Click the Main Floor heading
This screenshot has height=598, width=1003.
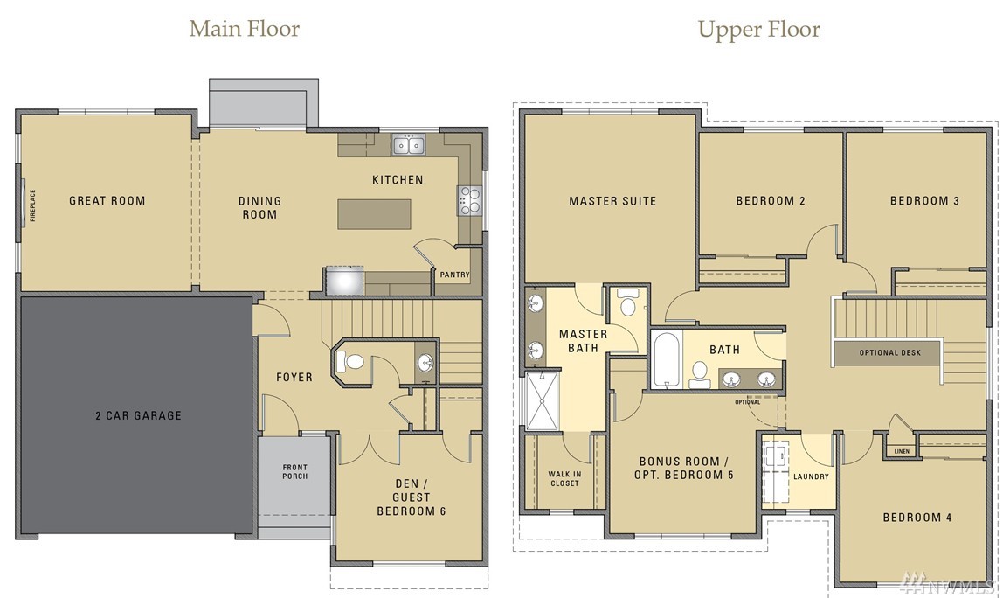[x=245, y=29]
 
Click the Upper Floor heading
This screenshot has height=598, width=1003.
[x=758, y=30]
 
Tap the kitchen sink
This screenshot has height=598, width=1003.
[x=409, y=145]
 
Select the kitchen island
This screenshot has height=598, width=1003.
[x=374, y=214]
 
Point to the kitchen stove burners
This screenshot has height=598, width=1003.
[x=468, y=200]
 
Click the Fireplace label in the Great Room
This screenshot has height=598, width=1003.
[x=32, y=205]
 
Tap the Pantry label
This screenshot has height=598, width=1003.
[x=455, y=275]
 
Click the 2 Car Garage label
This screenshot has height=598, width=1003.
[x=138, y=415]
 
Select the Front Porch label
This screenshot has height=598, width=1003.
[x=295, y=472]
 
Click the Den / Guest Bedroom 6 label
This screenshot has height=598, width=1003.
[x=412, y=497]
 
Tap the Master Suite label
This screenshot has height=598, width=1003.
[x=612, y=201]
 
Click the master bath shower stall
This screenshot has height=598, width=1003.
[x=542, y=400]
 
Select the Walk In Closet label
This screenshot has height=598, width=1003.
[x=564, y=479]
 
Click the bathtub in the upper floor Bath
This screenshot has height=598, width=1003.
[x=667, y=359]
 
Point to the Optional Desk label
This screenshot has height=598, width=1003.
[x=890, y=353]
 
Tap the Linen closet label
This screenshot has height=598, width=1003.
[x=902, y=451]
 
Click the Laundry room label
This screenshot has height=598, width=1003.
[x=811, y=476]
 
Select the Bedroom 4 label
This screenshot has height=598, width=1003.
[x=917, y=518]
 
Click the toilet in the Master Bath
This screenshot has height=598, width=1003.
[x=628, y=303]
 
